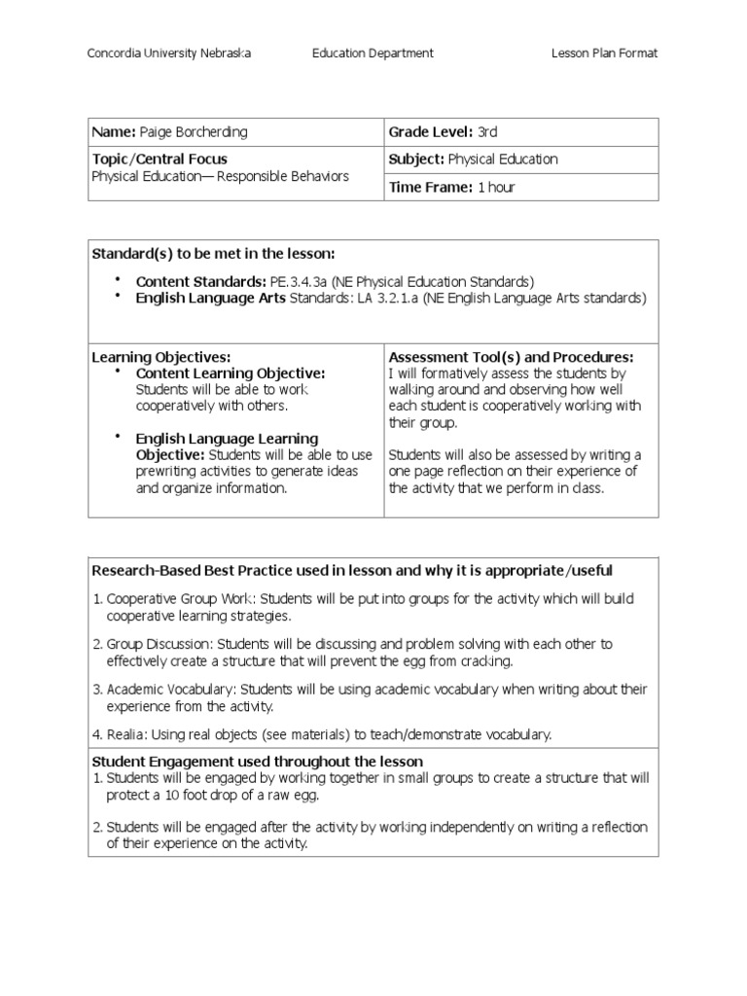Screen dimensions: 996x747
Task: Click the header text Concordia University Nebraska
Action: click(169, 53)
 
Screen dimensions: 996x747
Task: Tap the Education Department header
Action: click(373, 53)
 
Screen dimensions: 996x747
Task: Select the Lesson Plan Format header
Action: click(604, 53)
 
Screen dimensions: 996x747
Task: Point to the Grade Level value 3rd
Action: click(487, 132)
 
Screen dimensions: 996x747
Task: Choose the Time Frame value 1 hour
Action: click(496, 188)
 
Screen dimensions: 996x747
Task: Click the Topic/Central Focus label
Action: click(160, 159)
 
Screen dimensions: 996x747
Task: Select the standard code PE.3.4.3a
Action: click(293, 281)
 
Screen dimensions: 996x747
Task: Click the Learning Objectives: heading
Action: click(160, 358)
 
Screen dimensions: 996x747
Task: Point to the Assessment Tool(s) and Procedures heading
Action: click(511, 358)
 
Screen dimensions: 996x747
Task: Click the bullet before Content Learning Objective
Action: click(118, 373)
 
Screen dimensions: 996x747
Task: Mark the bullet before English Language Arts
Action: click(118, 298)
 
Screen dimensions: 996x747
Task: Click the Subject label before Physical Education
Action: click(415, 160)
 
